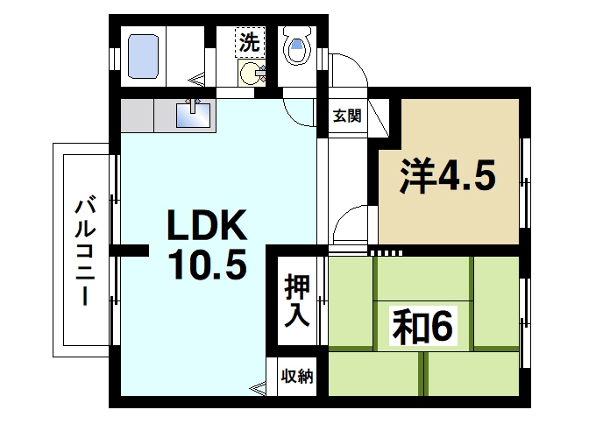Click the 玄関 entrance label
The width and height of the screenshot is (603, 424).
[x=345, y=114]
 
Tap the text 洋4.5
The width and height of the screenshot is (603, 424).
[x=448, y=176]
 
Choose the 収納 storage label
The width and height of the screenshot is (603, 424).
[x=296, y=377]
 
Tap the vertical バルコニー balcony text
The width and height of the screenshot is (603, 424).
[x=85, y=251]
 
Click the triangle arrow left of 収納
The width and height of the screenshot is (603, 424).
[x=257, y=386]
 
